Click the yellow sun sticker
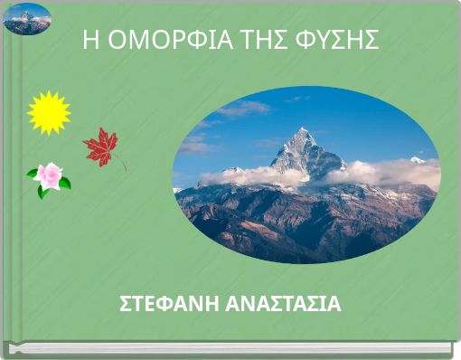coord(49,112)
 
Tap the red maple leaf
coord(100,145)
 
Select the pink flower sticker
coord(49,177)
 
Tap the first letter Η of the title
coord(89,41)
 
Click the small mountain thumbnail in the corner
coord(26,19)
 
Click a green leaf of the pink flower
coord(64,184)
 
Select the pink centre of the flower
coord(49,175)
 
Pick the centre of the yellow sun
coord(49,112)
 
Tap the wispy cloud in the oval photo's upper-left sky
coord(240,109)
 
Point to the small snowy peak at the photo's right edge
coord(417,160)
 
